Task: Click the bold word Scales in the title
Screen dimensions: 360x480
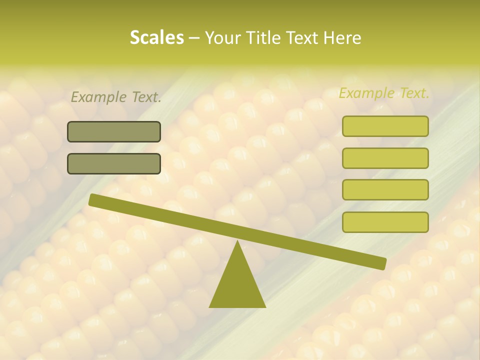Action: pos(156,37)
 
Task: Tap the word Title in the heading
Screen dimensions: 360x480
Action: pos(263,37)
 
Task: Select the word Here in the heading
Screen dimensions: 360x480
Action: pos(342,37)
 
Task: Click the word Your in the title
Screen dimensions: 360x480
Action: pos(223,37)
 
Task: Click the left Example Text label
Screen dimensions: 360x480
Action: pos(116,97)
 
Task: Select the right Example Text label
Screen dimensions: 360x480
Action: pos(384,93)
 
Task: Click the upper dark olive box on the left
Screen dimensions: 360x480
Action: pos(114,131)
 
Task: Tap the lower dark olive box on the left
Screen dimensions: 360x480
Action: pos(114,163)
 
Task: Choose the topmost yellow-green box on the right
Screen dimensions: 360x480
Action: pos(385,126)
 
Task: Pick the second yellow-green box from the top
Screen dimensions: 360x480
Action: pos(385,158)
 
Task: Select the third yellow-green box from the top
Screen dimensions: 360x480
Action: pos(385,190)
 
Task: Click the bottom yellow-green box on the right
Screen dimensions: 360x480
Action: pos(385,222)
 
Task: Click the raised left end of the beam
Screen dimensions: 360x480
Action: pos(94,199)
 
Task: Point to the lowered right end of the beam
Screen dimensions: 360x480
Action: pos(381,263)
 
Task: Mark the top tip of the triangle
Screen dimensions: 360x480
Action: pos(237,242)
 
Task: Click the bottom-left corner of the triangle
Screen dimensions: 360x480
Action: pos(210,306)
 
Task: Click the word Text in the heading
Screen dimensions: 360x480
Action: pos(302,37)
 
